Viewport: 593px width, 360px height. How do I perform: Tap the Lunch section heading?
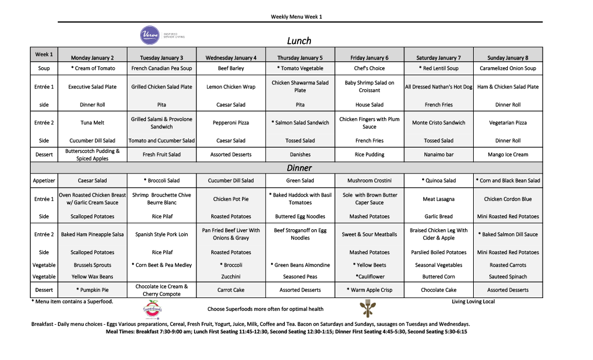(x=299, y=41)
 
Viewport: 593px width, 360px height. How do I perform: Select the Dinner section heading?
(x=299, y=168)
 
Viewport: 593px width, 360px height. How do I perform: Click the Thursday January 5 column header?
(x=300, y=58)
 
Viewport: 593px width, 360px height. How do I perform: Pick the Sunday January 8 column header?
(x=508, y=58)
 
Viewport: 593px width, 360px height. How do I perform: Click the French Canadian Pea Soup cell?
(x=162, y=68)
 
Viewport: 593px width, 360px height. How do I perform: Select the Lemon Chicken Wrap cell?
(x=230, y=87)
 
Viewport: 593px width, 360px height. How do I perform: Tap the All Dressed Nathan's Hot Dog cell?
(x=438, y=87)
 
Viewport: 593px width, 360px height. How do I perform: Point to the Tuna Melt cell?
(x=93, y=123)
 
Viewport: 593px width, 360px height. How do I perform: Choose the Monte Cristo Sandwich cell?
(x=438, y=123)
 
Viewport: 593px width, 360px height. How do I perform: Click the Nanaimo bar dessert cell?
(x=438, y=155)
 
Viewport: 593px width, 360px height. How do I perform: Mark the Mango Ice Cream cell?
(x=508, y=155)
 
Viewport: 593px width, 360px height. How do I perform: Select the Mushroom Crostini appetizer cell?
(x=369, y=181)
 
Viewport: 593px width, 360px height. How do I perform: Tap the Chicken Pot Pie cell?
(x=230, y=199)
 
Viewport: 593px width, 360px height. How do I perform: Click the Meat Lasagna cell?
(x=438, y=199)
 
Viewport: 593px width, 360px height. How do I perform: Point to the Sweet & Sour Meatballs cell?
(x=369, y=234)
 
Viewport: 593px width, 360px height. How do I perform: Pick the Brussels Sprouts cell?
(x=93, y=265)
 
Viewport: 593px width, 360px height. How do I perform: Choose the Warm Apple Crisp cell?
(x=369, y=290)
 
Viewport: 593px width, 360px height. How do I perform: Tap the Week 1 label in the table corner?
(x=44, y=54)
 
